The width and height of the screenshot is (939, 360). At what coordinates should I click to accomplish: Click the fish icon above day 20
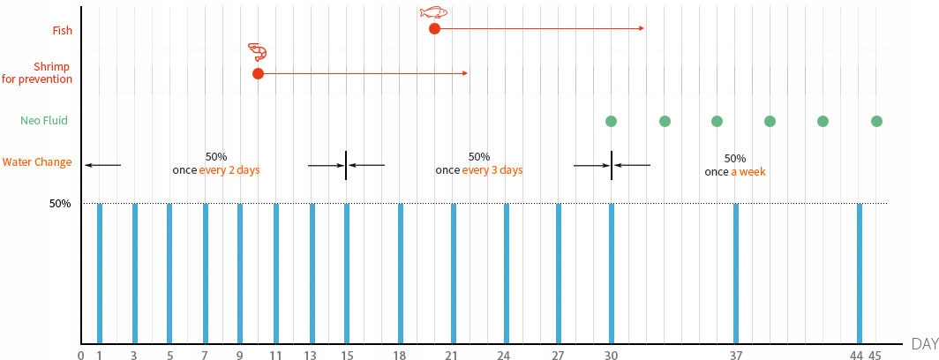[x=433, y=12]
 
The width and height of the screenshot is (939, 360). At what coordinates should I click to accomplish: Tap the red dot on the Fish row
[x=434, y=29]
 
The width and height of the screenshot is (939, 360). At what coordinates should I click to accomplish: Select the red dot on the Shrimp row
[x=258, y=74]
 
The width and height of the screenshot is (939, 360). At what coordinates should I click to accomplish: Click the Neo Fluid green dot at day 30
[x=611, y=121]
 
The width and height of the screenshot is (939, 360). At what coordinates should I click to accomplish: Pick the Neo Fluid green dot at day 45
[x=876, y=121]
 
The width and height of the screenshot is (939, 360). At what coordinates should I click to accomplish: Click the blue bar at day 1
[x=100, y=274]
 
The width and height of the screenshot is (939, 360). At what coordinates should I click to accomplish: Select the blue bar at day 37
[x=735, y=274]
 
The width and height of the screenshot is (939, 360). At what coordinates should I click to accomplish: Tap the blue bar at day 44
[x=860, y=274]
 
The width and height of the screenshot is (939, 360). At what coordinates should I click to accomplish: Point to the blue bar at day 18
[x=401, y=274]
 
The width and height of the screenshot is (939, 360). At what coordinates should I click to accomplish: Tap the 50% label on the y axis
[x=60, y=204]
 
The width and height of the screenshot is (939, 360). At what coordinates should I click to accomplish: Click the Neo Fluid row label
[x=44, y=121]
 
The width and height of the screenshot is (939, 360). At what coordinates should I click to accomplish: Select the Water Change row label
[x=36, y=162]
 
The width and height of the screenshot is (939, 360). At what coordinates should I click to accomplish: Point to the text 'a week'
[x=747, y=172]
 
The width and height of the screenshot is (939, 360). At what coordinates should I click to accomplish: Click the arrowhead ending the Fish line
[x=642, y=29]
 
